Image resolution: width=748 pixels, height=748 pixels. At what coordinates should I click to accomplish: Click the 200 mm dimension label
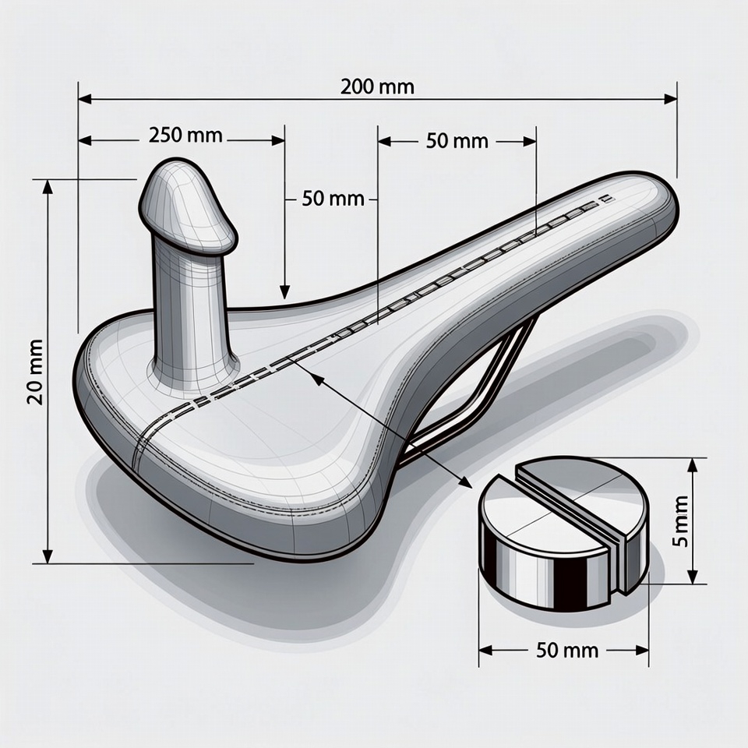click(377, 86)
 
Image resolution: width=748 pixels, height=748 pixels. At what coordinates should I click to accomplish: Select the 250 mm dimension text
click(185, 135)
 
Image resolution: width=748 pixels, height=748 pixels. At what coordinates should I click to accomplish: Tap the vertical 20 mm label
click(34, 371)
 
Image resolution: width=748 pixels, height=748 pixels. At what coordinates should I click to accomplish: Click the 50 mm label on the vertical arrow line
click(333, 198)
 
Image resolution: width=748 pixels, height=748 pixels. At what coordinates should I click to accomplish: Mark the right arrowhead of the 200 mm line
click(670, 99)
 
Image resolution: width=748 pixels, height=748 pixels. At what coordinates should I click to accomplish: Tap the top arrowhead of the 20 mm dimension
click(48, 187)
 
